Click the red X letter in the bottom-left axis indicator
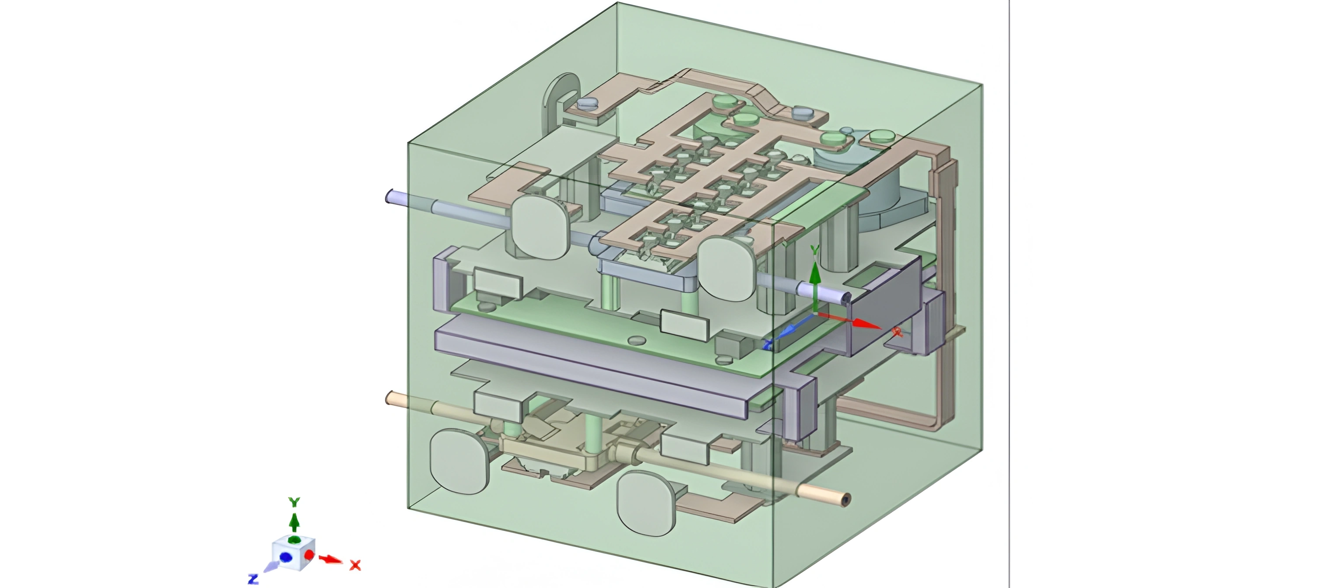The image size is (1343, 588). coord(355,565)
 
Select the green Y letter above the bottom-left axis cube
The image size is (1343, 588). coord(295,502)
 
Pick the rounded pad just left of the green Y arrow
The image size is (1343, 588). coord(726,268)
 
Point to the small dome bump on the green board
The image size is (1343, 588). coord(636,340)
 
